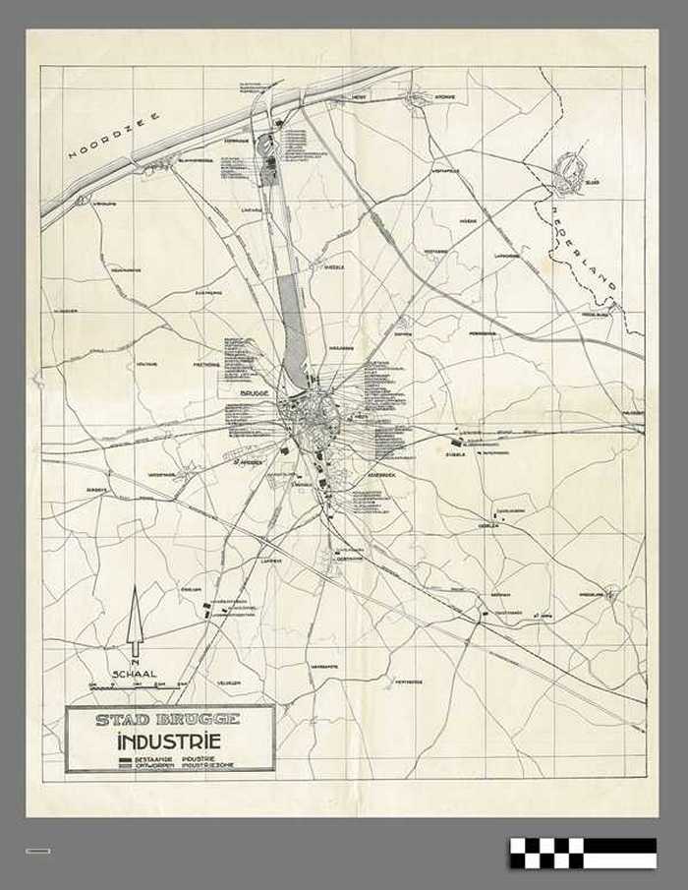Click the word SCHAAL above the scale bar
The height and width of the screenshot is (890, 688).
[135, 675]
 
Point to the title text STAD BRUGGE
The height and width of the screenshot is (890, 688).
[167, 719]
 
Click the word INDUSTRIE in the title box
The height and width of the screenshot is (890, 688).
[168, 742]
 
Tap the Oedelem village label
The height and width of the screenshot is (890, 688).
[489, 525]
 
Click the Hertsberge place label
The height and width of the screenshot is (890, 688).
[408, 681]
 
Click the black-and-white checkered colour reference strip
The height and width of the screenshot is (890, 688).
[583, 853]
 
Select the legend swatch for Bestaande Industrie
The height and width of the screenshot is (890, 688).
[125, 760]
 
